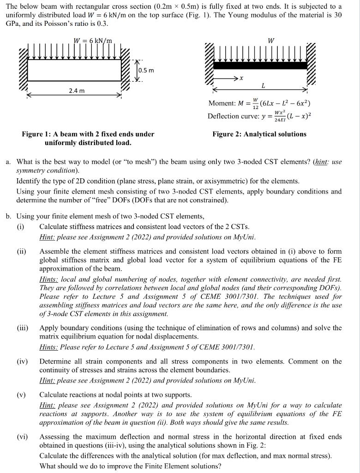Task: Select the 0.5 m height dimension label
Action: (146, 70)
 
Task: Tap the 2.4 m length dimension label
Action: (76, 91)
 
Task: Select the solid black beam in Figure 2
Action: (261, 65)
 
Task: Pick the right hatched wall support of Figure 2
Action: (312, 62)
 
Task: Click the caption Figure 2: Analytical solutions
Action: (259, 134)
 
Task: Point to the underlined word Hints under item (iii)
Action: (49, 346)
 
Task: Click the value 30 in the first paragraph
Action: (337, 14)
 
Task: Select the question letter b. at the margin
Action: (9, 216)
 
